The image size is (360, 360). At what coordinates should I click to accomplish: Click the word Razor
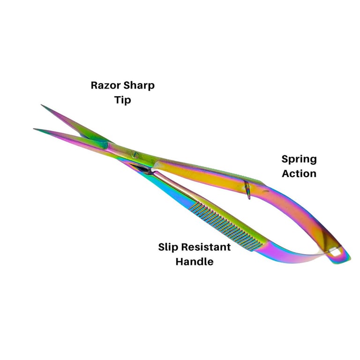[106, 85]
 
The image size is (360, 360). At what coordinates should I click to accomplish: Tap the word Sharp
[139, 86]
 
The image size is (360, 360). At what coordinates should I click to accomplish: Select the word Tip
[123, 100]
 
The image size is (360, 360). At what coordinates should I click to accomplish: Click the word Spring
[299, 159]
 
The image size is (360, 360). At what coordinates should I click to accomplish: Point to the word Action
[299, 173]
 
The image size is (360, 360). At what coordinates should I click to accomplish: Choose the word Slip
[168, 247]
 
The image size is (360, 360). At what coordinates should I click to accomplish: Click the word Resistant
[206, 247]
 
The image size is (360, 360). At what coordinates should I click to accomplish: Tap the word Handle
[195, 262]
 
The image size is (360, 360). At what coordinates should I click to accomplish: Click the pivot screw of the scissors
[135, 155]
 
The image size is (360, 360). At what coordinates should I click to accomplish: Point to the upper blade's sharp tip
[42, 105]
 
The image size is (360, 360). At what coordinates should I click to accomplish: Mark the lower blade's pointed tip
[34, 129]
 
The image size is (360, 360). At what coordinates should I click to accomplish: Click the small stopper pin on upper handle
[247, 190]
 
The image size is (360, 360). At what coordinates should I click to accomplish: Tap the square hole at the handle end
[335, 252]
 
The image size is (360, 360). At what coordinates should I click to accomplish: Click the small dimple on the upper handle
[266, 191]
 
